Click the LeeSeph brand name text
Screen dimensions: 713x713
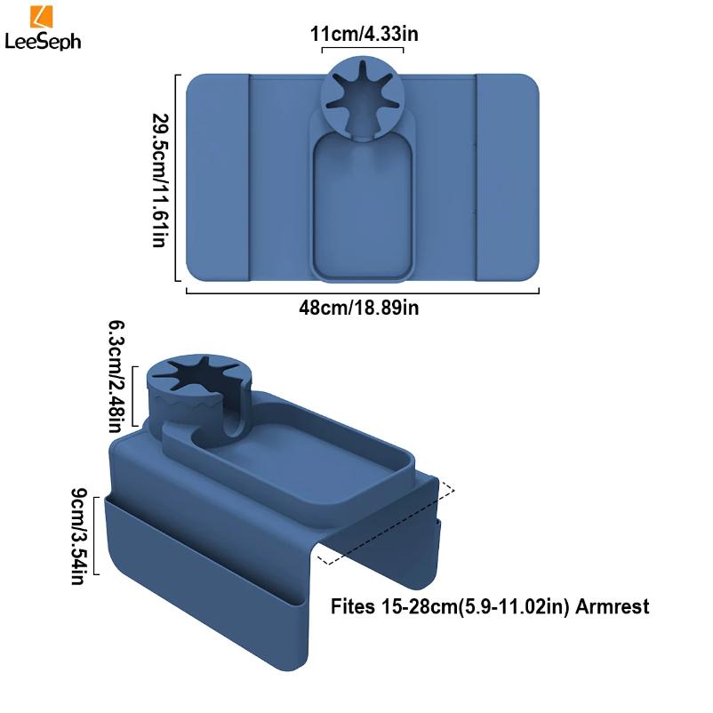[42, 42]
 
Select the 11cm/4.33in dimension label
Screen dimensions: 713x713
[364, 35]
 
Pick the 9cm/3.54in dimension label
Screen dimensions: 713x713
[78, 534]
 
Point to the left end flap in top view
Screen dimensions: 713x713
[216, 177]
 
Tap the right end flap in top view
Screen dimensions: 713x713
[508, 177]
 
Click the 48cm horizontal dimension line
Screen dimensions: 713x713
[363, 291]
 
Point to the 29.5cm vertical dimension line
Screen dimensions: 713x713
[180, 177]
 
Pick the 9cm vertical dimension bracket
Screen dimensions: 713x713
[97, 534]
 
